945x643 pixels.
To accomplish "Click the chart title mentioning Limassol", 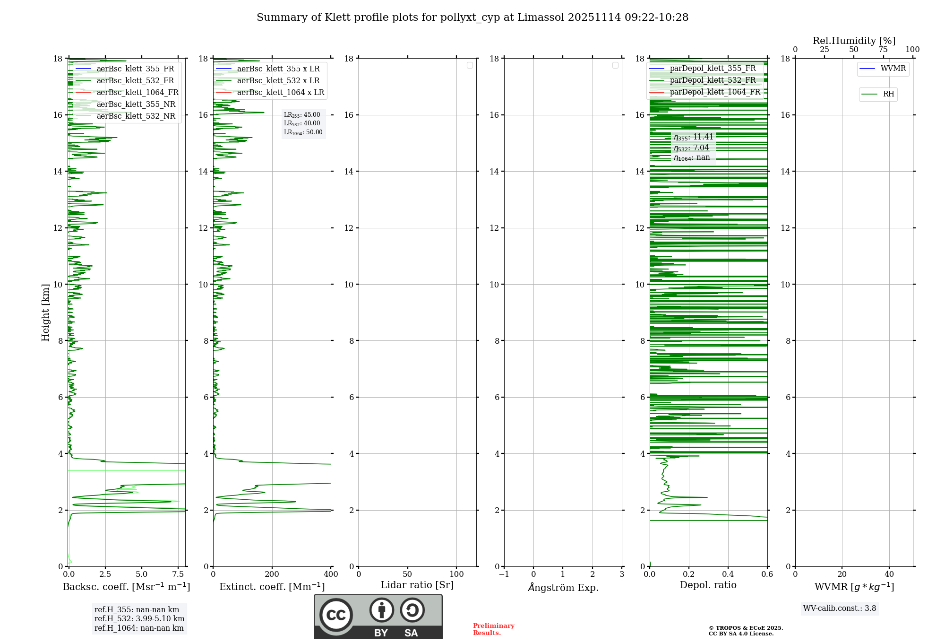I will click(472, 17).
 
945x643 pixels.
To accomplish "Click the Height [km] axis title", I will click(45, 313).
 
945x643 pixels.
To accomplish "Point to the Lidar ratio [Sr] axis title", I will click(417, 585).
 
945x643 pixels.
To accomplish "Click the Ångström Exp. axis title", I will click(563, 588).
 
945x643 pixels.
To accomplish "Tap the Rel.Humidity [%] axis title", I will click(854, 41).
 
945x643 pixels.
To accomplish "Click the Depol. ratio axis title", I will click(708, 585).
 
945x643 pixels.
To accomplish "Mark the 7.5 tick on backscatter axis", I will click(178, 574).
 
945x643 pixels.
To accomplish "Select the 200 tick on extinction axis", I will click(272, 574).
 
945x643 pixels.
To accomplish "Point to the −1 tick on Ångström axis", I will click(504, 574).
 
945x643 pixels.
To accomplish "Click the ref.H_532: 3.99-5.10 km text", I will click(139, 618).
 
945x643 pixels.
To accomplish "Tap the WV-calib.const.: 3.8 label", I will click(840, 608).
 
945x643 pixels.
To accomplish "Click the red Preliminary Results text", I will click(493, 629).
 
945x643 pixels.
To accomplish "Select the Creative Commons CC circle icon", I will click(336, 615).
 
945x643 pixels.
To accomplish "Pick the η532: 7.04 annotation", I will click(691, 148).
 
